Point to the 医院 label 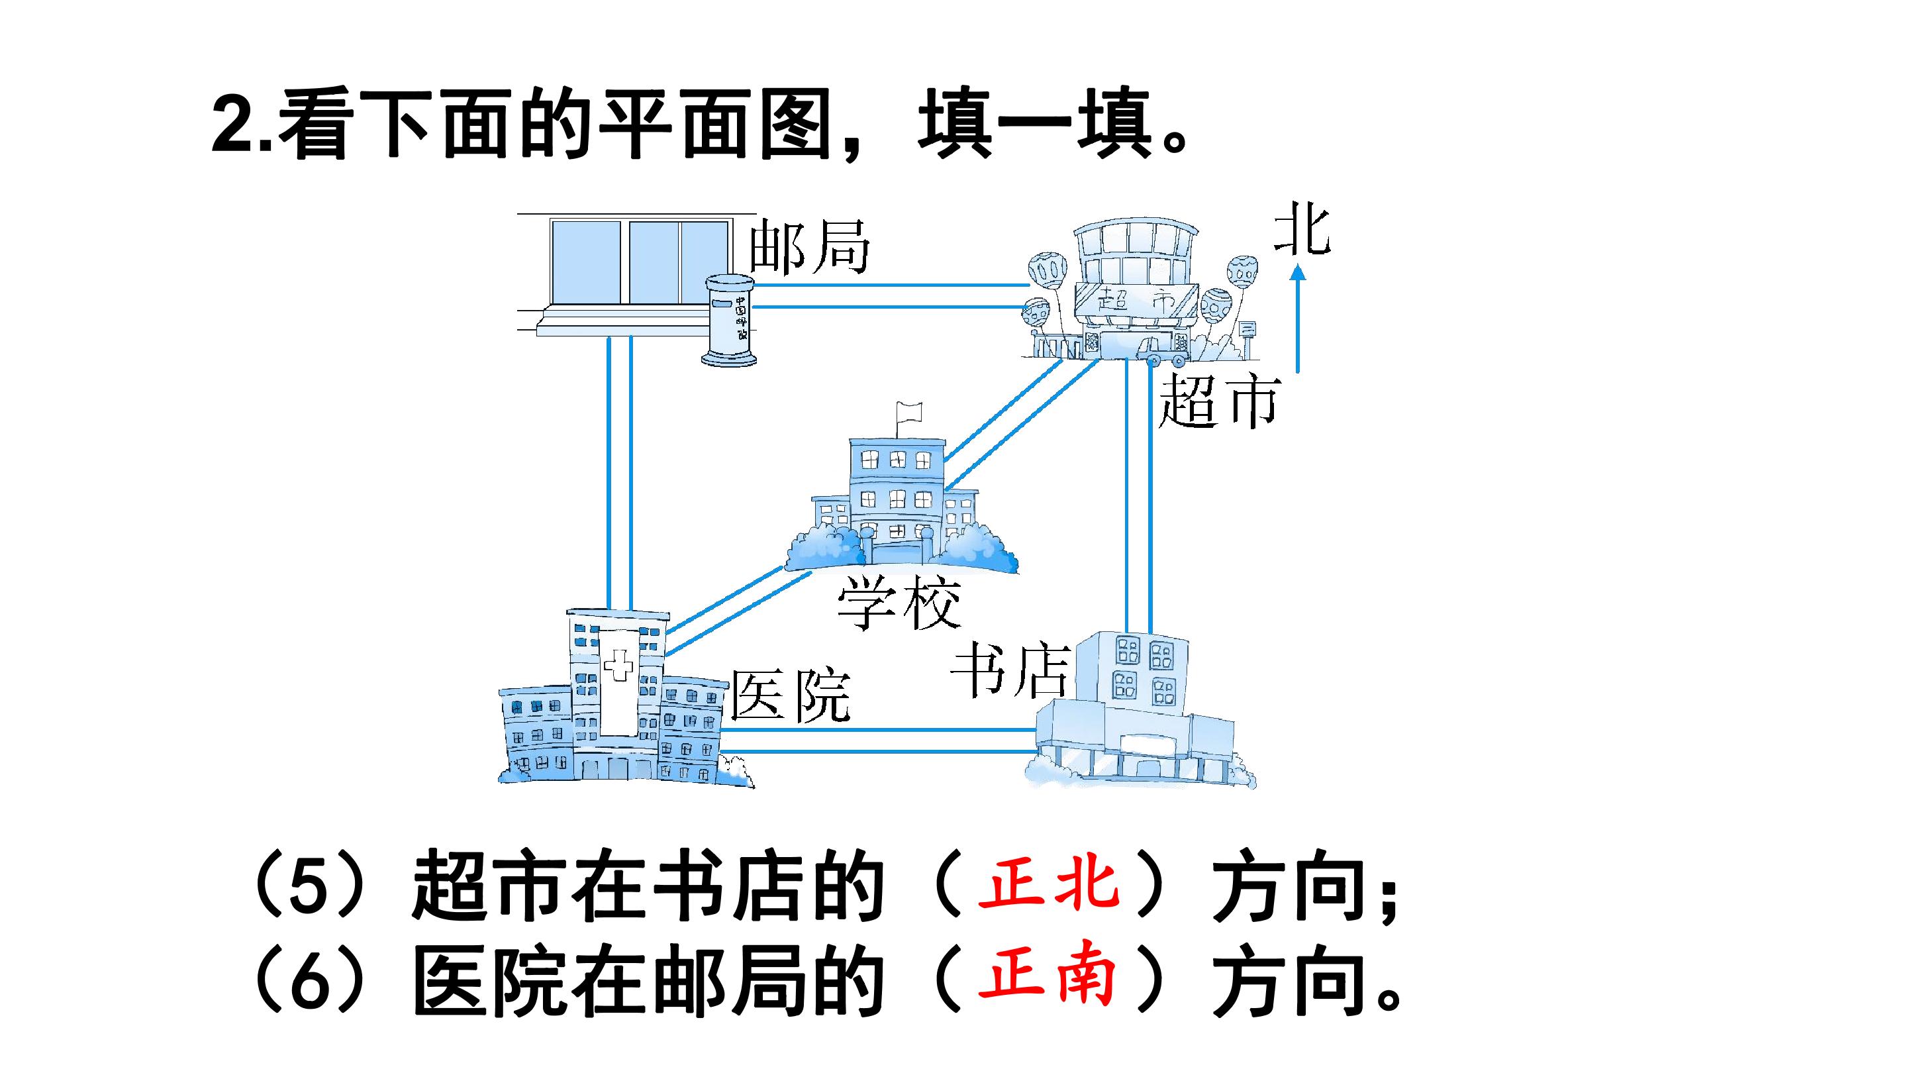(791, 696)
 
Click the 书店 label (1010, 671)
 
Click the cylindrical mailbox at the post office (729, 321)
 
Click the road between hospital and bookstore (878, 741)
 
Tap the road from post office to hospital (619, 474)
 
